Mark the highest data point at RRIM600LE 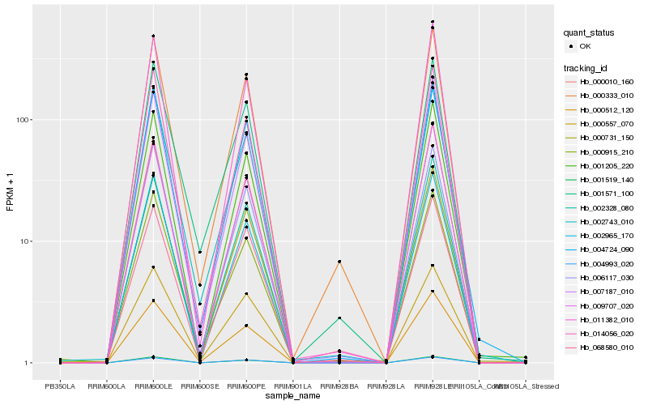click(x=153, y=36)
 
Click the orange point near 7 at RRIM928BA click(x=339, y=262)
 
